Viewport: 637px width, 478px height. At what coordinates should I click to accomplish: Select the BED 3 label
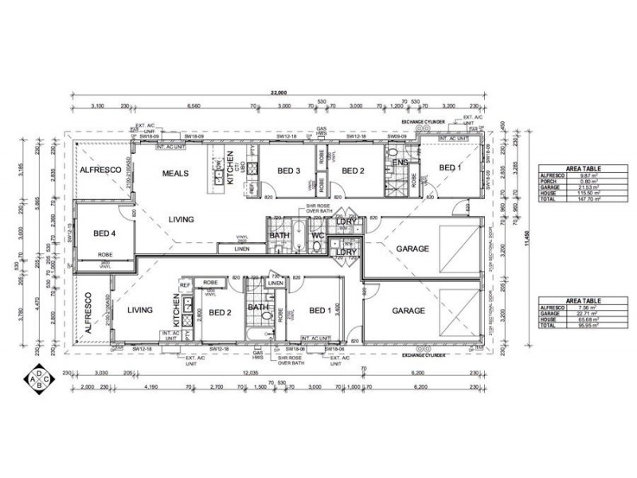[x=289, y=170]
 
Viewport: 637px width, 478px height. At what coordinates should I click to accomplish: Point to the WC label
[x=316, y=237]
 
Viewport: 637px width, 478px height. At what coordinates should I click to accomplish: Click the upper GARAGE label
[x=413, y=249]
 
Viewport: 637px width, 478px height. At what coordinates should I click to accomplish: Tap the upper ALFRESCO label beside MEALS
[x=99, y=170]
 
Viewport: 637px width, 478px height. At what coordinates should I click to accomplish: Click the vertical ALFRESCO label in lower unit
[x=88, y=313]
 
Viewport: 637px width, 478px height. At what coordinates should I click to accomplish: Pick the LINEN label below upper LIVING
[x=242, y=249]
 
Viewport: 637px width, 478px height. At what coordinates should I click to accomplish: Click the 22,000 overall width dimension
[x=278, y=93]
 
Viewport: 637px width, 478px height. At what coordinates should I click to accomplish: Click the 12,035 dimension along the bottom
[x=252, y=372]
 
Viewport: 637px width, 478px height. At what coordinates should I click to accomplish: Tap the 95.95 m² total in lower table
[x=588, y=325]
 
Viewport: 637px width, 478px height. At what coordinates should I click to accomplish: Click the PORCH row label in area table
[x=549, y=180]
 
